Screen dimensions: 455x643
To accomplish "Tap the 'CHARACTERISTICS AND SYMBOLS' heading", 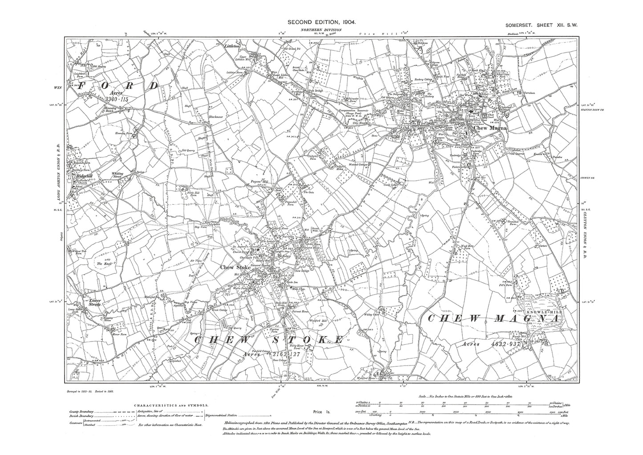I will (x=170, y=406).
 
